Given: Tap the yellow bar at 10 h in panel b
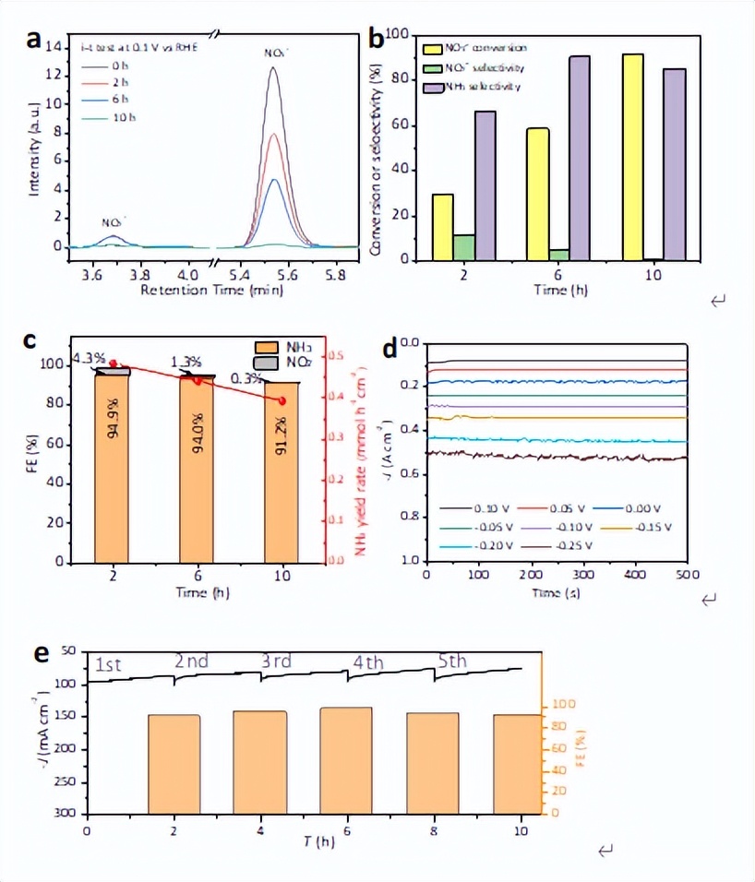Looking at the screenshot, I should click(x=633, y=157).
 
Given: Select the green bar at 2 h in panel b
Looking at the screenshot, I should click(x=465, y=247).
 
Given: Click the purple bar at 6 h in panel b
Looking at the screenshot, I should click(x=580, y=158).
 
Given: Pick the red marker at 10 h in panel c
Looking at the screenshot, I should click(x=282, y=400).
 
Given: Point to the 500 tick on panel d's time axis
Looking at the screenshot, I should click(x=685, y=576).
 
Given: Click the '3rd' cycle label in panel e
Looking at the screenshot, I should click(x=278, y=661).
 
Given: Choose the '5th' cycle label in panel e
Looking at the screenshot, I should click(x=452, y=661).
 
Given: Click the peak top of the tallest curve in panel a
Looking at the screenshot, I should click(x=274, y=67).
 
